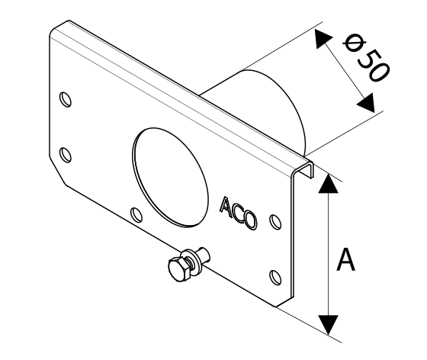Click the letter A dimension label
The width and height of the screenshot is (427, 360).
tap(346, 259)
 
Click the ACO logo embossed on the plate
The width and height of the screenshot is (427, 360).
tap(239, 214)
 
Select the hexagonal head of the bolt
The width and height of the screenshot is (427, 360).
tap(179, 269)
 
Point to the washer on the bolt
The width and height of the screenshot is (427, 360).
tap(193, 260)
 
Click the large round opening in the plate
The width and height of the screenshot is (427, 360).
tap(171, 178)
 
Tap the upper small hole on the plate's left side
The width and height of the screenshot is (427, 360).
tap(66, 99)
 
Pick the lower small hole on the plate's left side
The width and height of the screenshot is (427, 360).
tap(66, 155)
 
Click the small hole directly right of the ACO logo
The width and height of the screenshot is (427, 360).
tap(275, 222)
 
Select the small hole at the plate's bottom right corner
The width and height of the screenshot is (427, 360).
tap(275, 278)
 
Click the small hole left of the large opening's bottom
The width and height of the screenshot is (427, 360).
tap(136, 214)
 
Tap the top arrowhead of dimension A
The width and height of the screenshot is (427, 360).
tap(329, 184)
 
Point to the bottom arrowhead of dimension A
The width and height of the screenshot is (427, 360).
tap(329, 325)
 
